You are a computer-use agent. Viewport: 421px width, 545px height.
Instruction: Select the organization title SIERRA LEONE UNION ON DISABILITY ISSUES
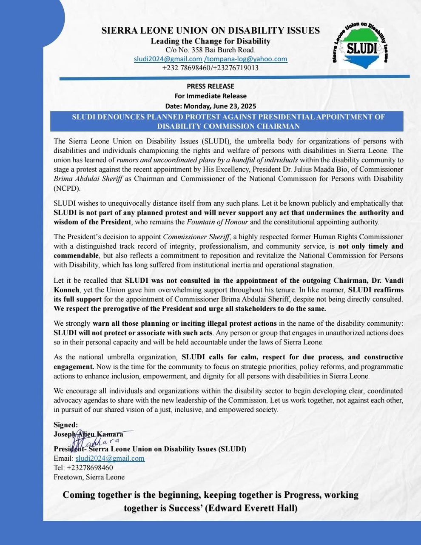pyautogui.click(x=210, y=31)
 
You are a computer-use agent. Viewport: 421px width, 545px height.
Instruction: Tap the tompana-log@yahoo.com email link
pyautogui.click(x=246, y=59)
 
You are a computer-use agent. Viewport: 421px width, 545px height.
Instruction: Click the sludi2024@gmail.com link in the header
pyautogui.click(x=168, y=59)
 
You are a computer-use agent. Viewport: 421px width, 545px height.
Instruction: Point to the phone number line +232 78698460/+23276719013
pyautogui.click(x=210, y=68)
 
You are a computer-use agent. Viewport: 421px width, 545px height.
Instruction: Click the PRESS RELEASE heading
pyautogui.click(x=210, y=86)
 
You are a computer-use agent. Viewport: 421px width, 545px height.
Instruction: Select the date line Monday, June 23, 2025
pyautogui.click(x=210, y=106)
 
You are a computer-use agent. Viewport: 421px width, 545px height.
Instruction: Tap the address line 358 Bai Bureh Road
pyautogui.click(x=210, y=50)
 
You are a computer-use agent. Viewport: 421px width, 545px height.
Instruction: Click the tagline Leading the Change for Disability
pyautogui.click(x=210, y=41)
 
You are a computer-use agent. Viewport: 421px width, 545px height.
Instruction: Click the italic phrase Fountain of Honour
pyautogui.click(x=218, y=222)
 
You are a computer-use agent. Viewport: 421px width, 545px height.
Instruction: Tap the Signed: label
pyautogui.click(x=66, y=425)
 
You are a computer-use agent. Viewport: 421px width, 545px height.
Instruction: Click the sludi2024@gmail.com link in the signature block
pyautogui.click(x=110, y=459)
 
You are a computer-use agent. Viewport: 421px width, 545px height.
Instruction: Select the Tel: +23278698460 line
pyautogui.click(x=83, y=468)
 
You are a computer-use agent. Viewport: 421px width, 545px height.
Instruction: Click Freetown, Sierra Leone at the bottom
pyautogui.click(x=89, y=477)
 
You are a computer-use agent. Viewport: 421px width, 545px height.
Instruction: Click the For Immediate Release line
pyautogui.click(x=210, y=96)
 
